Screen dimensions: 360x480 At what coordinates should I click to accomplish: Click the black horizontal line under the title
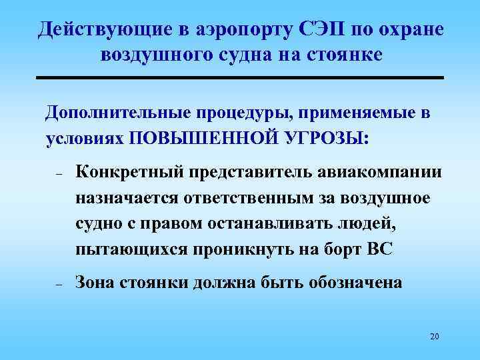(x=240, y=79)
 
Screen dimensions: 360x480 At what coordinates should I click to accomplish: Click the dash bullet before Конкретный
(x=59, y=175)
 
